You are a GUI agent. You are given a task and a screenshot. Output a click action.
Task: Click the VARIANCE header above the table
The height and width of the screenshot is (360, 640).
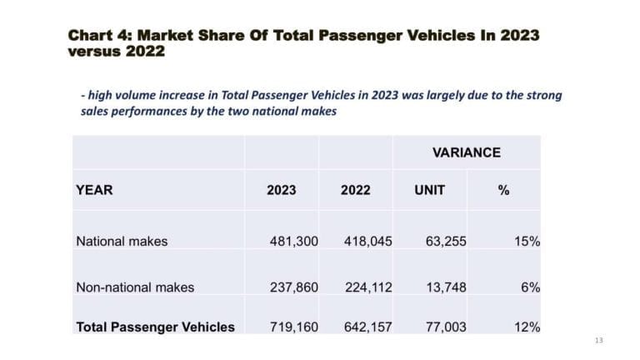coord(466,152)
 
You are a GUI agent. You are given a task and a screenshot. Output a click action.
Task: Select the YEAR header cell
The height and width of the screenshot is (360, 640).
coord(94,190)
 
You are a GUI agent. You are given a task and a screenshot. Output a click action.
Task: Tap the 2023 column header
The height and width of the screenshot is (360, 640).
coord(282,190)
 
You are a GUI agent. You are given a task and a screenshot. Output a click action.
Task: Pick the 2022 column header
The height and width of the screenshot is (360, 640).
coord(355,190)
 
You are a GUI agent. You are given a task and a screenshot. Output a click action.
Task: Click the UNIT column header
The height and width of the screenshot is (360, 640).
coord(429,190)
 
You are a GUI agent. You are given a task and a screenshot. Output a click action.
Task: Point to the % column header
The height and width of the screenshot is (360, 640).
coord(503,190)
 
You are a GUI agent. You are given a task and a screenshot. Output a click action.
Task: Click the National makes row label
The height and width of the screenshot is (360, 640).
coord(122,242)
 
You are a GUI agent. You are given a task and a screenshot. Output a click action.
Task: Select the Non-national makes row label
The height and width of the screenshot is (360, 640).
coord(135,287)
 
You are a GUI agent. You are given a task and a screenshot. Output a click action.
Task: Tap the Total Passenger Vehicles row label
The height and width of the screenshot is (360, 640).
coord(155,327)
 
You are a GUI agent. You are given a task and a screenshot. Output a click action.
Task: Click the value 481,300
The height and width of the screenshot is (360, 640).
coord(293,242)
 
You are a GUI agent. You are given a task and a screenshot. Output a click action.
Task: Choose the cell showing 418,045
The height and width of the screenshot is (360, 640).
coord(368,242)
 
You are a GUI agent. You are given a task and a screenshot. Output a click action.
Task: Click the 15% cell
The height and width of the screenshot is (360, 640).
coord(527,242)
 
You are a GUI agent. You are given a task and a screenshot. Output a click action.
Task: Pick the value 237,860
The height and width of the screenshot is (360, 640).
coord(293,287)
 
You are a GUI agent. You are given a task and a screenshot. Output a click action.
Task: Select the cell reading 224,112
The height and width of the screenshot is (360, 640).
coord(368,287)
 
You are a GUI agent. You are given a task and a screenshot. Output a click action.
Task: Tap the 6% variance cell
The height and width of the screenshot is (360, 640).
coord(530,287)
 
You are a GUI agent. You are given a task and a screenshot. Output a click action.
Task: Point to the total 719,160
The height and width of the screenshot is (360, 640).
coord(293,327)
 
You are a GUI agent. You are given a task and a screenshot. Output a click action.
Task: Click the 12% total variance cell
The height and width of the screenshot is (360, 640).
coord(527,327)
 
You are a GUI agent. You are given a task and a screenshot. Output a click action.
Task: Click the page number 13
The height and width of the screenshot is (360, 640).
coord(599,341)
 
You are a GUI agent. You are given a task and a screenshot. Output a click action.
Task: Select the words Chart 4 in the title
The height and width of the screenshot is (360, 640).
coord(98,36)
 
